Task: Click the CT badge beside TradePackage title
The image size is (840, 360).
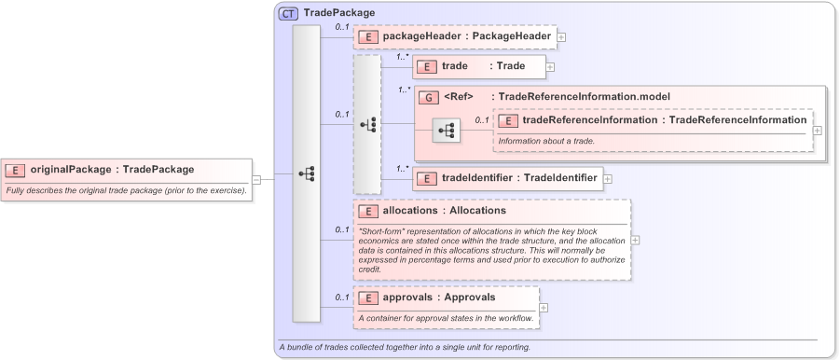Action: (290, 13)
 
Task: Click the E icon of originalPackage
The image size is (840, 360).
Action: (16, 170)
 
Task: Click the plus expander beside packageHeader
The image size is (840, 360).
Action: (561, 37)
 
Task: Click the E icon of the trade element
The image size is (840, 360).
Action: (426, 66)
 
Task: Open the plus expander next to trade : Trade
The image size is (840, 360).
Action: (550, 67)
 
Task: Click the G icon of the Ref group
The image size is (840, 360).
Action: (429, 97)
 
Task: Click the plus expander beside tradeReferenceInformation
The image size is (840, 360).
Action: (818, 131)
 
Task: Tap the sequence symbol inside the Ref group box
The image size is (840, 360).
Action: (447, 131)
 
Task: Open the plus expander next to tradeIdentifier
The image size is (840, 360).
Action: (608, 178)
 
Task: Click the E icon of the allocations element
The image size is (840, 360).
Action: (368, 211)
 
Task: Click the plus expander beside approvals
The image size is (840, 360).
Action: (544, 308)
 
